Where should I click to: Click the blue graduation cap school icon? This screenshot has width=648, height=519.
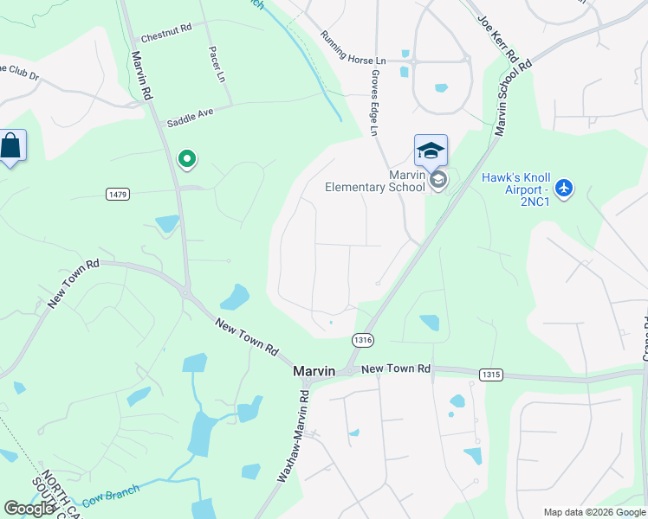[x=431, y=151]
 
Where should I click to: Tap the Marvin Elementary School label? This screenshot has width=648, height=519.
[x=375, y=180]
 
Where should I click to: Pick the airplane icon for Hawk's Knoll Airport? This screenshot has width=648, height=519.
[x=564, y=187]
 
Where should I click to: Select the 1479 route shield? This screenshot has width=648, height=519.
[x=119, y=194]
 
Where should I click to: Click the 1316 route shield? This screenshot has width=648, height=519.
[x=363, y=341]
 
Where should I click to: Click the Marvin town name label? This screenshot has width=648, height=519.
[x=314, y=370]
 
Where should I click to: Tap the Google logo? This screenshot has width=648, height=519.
[x=29, y=509]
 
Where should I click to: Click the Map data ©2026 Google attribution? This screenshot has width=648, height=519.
[x=593, y=511]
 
